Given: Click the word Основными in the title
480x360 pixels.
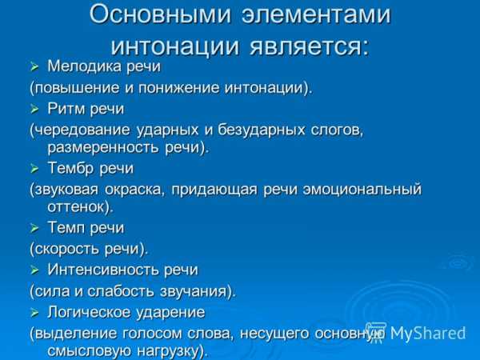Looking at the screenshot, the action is click(x=160, y=14).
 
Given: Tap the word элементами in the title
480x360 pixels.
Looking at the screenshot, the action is click(x=316, y=14).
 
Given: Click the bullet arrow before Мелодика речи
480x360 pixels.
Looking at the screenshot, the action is click(x=34, y=66).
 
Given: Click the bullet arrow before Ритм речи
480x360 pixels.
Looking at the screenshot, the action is click(x=34, y=109).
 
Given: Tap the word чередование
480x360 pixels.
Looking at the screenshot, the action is click(x=83, y=130).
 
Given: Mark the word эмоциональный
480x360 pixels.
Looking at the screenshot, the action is click(x=362, y=189).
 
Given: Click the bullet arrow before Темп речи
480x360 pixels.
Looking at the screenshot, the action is click(x=34, y=228).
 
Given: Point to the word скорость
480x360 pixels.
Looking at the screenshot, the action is click(x=67, y=249).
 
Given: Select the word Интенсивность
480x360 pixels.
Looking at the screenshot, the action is click(x=103, y=270).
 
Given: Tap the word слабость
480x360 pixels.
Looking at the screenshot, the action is click(x=120, y=291).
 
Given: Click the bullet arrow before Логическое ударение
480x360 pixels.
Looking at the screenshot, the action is click(x=34, y=313).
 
